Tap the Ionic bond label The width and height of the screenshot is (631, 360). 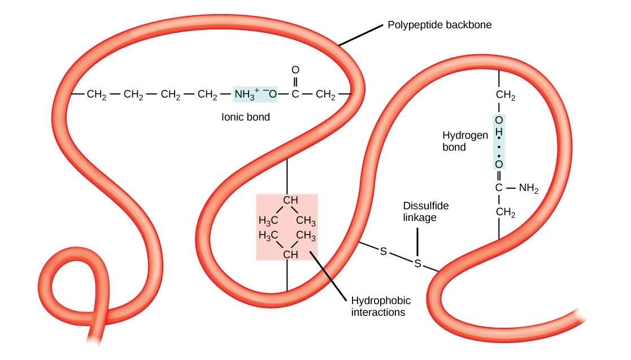pos(245,118)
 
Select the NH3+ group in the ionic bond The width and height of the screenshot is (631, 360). pos(247,94)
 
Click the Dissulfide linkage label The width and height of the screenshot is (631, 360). pos(426,212)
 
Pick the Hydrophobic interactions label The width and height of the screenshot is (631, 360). pos(381,306)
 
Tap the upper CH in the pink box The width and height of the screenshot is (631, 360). pos(290,200)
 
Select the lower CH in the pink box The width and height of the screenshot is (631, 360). pos(290,255)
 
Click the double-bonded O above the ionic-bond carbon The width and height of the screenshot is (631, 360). pos(295,70)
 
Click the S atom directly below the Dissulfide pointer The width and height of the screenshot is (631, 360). pos(417,263)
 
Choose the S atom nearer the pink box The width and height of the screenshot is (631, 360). pos(384,251)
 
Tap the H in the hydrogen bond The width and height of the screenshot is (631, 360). pos(499,131)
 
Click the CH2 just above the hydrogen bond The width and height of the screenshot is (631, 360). pos(506,97)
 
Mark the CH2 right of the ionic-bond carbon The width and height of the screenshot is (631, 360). pos(325,94)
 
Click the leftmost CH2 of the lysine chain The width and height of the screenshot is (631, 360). pos(97,94)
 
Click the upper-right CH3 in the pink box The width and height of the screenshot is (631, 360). pos(306,220)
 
